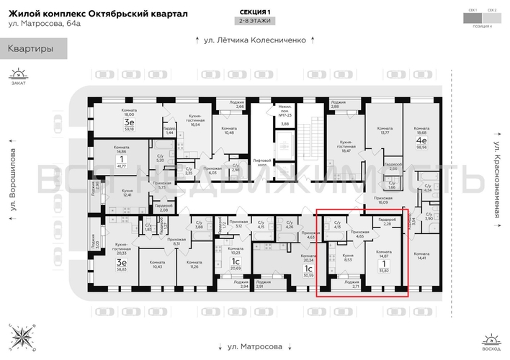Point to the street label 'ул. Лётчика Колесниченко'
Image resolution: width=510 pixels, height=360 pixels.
click(254, 40)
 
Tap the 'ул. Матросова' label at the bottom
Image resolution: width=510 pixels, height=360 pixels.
click(254, 346)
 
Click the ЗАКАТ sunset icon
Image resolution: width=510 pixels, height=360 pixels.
click(18, 76)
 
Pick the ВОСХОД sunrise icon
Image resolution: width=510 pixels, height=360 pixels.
click(491, 341)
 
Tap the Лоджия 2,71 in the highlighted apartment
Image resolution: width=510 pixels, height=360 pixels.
click(352, 284)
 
